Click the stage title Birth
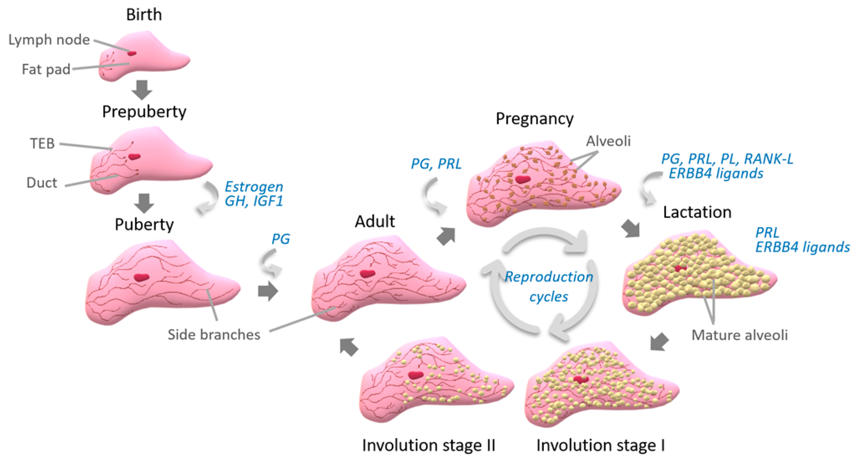[x=144, y=15]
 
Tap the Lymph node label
[x=49, y=40]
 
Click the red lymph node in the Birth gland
[x=132, y=53]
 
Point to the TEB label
[x=42, y=144]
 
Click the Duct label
[x=42, y=183]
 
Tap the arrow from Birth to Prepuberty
[x=142, y=90]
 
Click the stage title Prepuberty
[x=144, y=112]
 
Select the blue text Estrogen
[x=254, y=187]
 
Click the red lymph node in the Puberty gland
[x=142, y=277]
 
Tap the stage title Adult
[x=375, y=222]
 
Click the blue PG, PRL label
[x=436, y=164]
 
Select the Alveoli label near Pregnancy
[x=608, y=141]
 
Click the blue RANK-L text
[x=769, y=159]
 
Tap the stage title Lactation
[x=697, y=212]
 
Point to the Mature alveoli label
[x=740, y=335]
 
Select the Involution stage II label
[x=429, y=445]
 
